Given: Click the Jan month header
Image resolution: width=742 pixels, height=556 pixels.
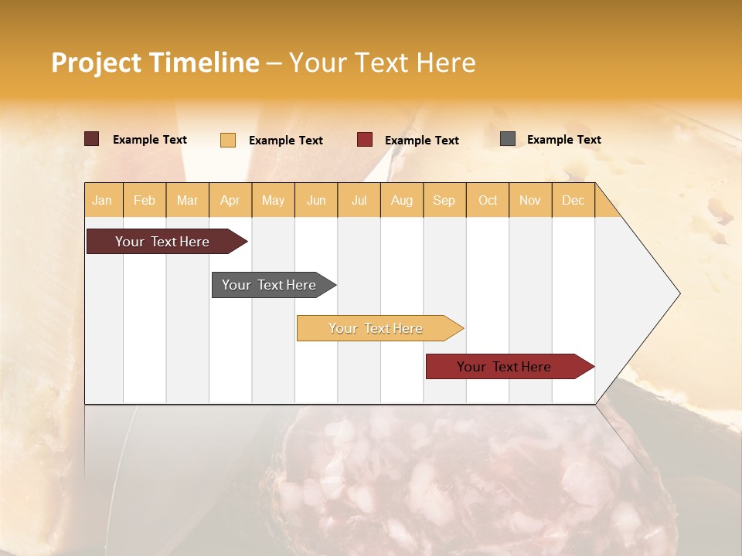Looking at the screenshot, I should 103,200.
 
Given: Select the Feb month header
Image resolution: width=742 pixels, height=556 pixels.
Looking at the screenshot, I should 145,200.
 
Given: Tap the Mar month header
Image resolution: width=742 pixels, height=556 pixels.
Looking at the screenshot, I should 187,200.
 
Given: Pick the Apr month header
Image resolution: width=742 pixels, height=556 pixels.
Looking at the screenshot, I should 230,200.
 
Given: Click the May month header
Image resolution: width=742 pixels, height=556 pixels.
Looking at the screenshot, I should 273,200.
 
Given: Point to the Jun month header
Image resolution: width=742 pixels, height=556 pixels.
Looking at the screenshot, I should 316,200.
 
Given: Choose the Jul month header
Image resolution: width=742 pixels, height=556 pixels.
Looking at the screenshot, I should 359,200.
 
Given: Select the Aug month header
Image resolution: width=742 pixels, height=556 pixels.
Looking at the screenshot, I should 402,200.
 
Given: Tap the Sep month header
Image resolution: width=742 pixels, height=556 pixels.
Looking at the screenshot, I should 444,200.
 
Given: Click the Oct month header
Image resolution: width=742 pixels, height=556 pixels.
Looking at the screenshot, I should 488,200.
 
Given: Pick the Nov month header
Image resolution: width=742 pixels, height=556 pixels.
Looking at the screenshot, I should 530,200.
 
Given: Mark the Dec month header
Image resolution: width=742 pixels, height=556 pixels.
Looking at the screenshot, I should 573,200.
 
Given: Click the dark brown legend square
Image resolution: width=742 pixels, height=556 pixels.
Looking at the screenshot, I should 92,139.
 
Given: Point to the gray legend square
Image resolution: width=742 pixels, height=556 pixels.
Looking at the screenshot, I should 508,139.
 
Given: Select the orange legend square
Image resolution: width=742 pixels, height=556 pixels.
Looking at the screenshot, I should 228,140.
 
